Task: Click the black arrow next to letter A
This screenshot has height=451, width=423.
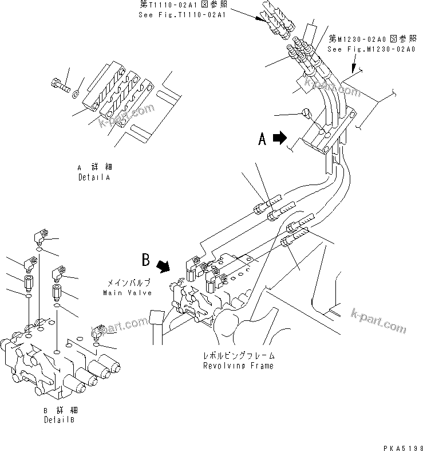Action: click(280, 138)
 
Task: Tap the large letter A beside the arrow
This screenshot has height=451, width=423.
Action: click(262, 139)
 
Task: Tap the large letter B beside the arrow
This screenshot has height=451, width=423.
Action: click(146, 261)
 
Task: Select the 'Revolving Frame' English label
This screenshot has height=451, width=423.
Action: click(238, 366)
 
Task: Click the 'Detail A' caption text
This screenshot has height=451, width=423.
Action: click(94, 178)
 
